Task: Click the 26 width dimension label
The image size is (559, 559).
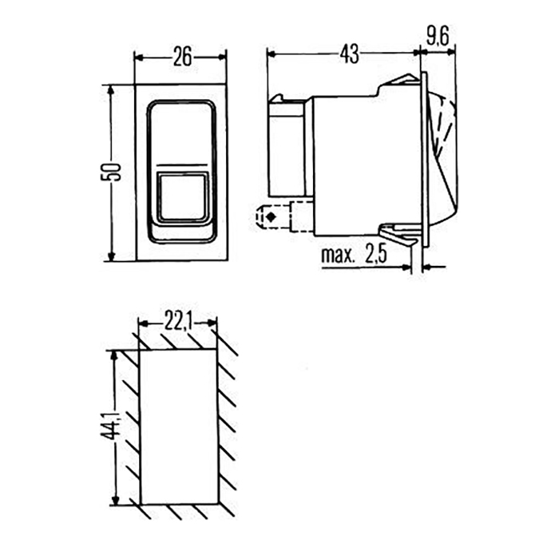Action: [x=181, y=56]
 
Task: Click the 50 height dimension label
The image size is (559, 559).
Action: [x=114, y=171]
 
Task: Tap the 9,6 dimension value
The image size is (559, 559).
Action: [x=437, y=35]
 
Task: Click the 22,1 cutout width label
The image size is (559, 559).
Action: [x=176, y=322]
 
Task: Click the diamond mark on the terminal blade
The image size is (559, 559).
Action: [x=273, y=216]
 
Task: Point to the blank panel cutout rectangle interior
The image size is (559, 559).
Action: [x=178, y=427]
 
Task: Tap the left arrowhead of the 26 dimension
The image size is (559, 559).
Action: [x=139, y=56]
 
